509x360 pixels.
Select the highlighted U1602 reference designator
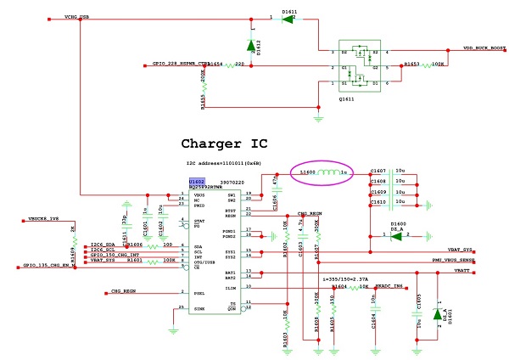click(x=197, y=181)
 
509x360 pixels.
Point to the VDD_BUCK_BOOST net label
click(x=484, y=49)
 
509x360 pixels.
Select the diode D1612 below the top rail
click(x=251, y=45)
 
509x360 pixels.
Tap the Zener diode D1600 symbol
click(x=396, y=235)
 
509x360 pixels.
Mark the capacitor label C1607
click(x=378, y=172)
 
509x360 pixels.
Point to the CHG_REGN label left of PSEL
click(x=124, y=290)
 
